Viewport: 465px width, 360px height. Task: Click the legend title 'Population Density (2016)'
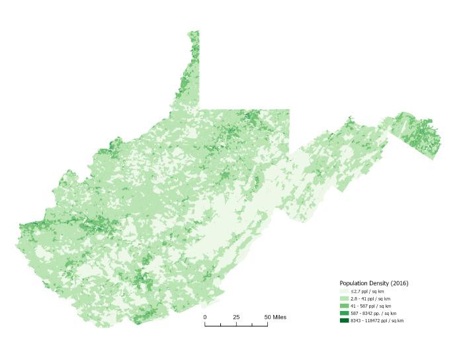(x=374, y=283)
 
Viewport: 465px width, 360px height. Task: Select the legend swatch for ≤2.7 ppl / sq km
(x=344, y=291)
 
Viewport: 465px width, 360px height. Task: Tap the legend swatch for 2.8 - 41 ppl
(x=344, y=298)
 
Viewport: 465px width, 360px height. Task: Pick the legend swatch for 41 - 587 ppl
(x=344, y=306)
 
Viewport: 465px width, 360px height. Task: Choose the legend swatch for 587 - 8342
(x=344, y=313)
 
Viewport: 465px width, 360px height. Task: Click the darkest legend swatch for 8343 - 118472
(x=344, y=320)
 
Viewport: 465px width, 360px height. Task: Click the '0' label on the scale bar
(x=205, y=318)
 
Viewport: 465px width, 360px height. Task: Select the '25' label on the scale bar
(x=236, y=318)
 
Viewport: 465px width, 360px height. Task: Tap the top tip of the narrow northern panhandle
(x=193, y=31)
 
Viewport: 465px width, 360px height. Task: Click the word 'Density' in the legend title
(x=380, y=283)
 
